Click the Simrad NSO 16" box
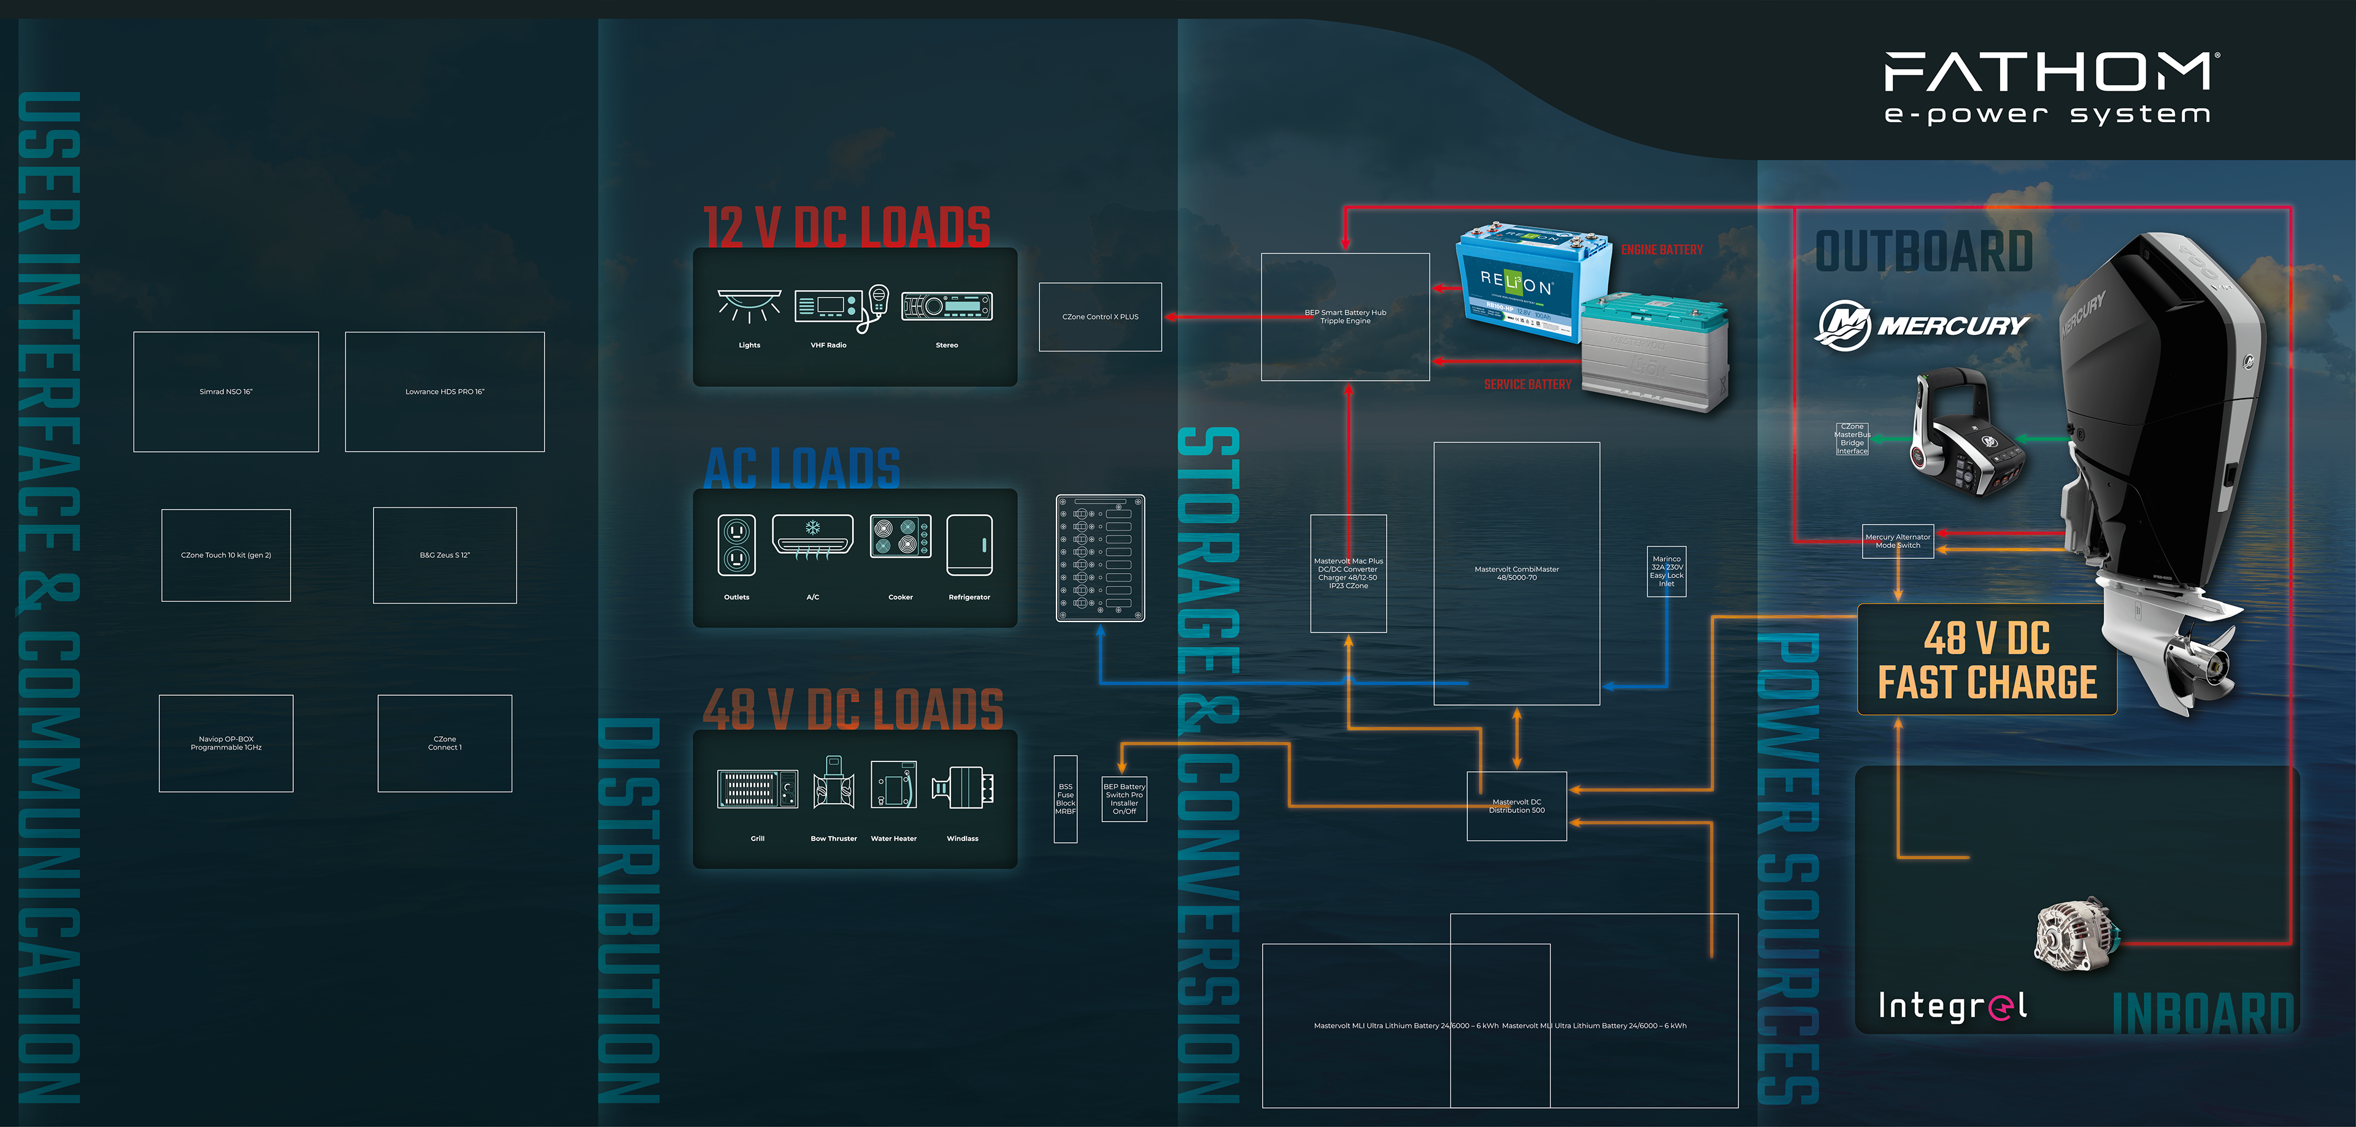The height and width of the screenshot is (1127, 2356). tap(226, 391)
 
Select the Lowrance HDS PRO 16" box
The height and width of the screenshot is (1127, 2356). tap(444, 391)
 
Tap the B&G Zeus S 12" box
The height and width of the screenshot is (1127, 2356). tap(444, 555)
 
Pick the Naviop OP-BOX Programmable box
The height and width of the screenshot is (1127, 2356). tap(226, 743)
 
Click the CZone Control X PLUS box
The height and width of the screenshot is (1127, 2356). tap(1100, 317)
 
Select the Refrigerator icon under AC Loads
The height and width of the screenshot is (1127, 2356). tap(969, 546)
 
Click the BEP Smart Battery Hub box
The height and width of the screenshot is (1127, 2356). tap(1344, 317)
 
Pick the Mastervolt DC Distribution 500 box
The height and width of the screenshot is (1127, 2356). tap(1517, 806)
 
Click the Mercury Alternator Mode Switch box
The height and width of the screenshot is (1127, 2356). tap(1898, 540)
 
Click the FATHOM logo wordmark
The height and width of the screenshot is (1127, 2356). tap(2048, 72)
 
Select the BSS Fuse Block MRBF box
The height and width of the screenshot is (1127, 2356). tap(1066, 799)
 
